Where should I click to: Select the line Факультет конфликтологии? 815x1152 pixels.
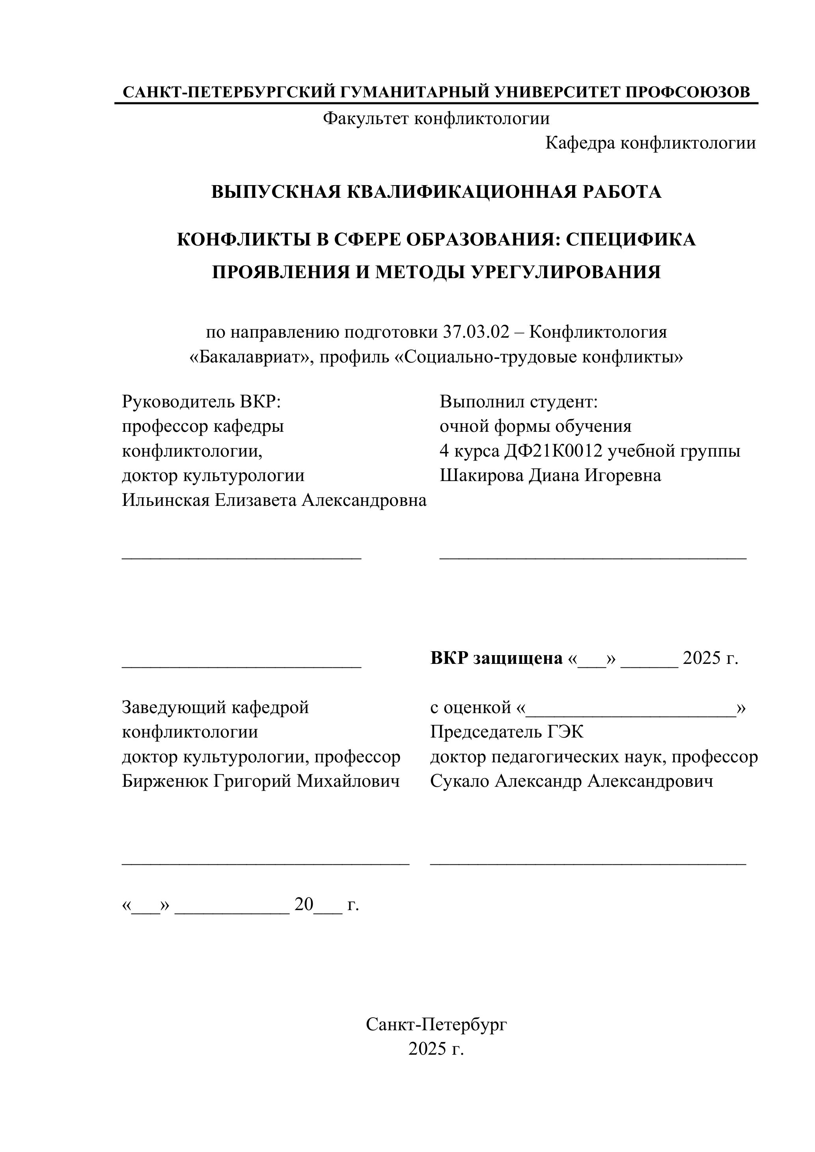coord(436,119)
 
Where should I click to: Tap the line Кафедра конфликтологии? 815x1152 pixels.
coord(650,143)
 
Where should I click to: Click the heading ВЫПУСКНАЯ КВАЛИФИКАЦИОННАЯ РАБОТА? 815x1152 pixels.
coord(436,191)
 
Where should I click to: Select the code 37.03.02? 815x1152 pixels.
coord(476,332)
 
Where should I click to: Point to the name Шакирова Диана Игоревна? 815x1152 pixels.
coord(550,475)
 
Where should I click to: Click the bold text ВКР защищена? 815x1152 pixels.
coord(496,658)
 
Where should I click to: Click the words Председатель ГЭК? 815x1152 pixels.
coord(507,732)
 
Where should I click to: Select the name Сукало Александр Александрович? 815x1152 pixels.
coord(571,781)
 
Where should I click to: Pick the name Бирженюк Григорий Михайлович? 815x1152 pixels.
coord(261,781)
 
